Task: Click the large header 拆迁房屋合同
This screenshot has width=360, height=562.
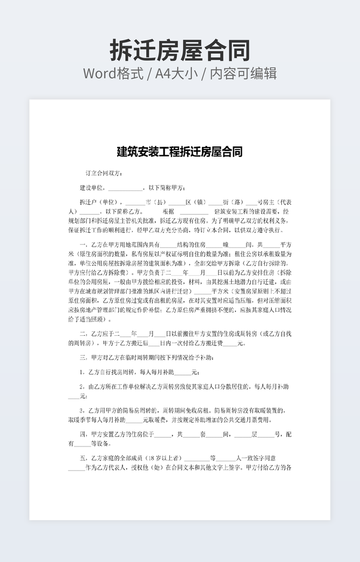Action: pos(179,51)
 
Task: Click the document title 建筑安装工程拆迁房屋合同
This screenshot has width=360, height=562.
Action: pos(179,152)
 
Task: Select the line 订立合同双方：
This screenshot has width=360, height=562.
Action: pos(104,173)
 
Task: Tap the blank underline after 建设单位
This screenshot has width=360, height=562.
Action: pos(126,188)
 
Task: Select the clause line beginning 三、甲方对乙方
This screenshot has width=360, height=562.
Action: pos(148,357)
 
